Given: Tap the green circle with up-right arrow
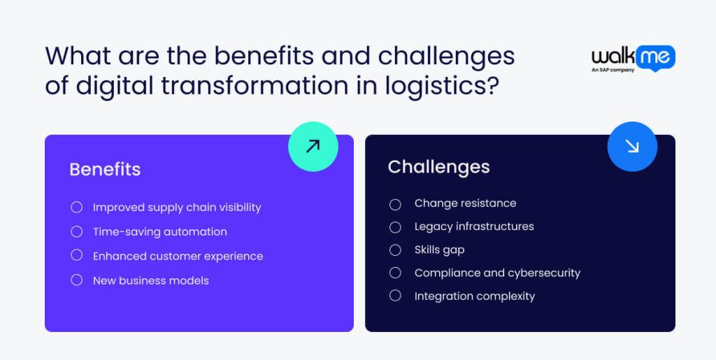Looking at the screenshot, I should [x=313, y=145].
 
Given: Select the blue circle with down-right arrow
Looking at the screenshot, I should [x=632, y=146].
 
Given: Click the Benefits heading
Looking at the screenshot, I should [x=105, y=169].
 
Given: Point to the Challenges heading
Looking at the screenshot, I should [x=438, y=166].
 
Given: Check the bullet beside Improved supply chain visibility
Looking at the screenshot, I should [x=77, y=208].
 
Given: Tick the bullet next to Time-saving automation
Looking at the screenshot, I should [x=77, y=231].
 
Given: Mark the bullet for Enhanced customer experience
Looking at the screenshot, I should [x=77, y=256].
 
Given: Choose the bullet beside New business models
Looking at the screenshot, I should [x=77, y=280].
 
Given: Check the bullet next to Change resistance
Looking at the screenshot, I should [x=395, y=204].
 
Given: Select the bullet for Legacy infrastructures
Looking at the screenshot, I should [x=395, y=227].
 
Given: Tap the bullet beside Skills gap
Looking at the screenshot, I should [x=395, y=250].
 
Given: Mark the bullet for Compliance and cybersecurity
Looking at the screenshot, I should [x=395, y=273].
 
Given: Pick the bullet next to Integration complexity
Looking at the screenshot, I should [x=395, y=296].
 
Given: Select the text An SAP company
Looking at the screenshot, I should [x=613, y=70].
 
